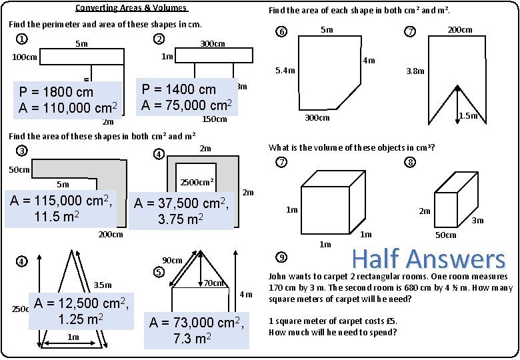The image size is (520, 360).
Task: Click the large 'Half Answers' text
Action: coord(428,259)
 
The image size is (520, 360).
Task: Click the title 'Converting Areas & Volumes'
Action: coord(131,9)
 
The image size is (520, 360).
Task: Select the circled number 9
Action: coord(282,257)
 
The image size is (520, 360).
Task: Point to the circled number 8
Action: coord(410,163)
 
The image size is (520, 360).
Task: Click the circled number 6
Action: coord(282,32)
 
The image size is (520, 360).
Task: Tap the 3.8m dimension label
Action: coord(415,71)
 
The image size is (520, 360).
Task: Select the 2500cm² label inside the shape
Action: coord(197,181)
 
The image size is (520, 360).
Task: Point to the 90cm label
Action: coord(173,260)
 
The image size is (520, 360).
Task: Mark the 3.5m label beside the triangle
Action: coord(103,285)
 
